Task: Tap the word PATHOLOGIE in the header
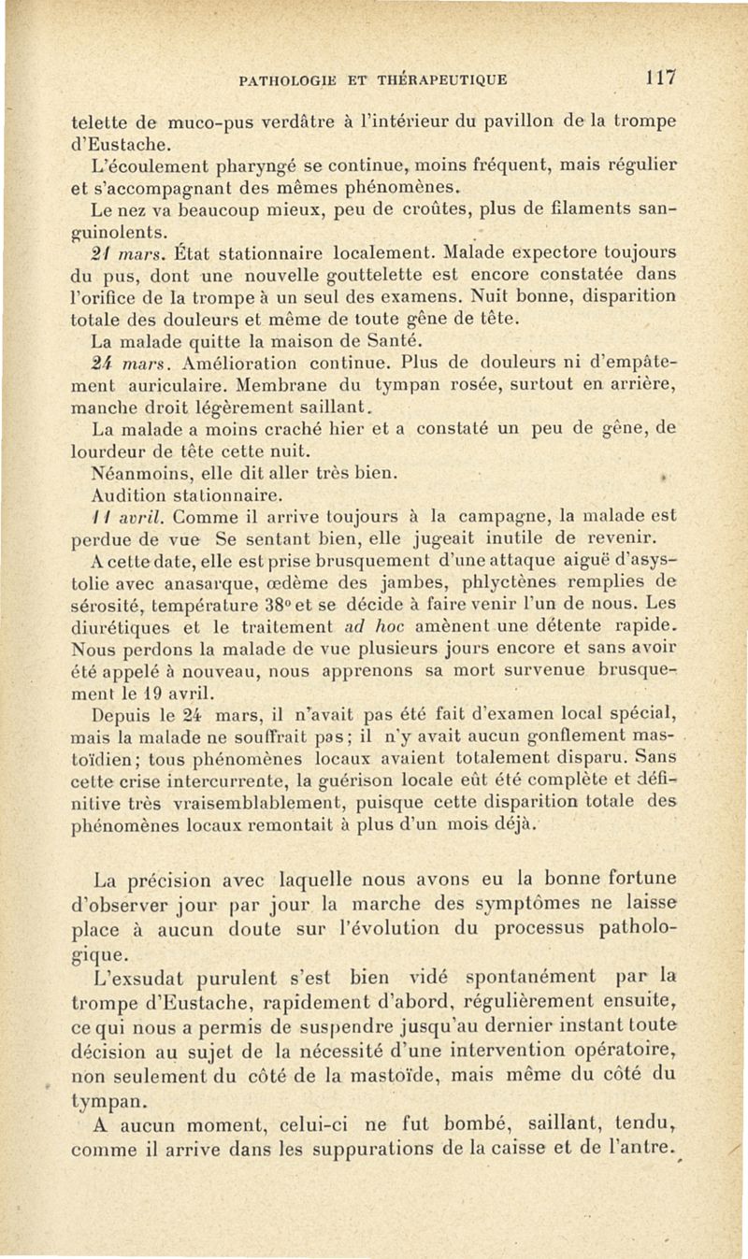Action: [x=284, y=79]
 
